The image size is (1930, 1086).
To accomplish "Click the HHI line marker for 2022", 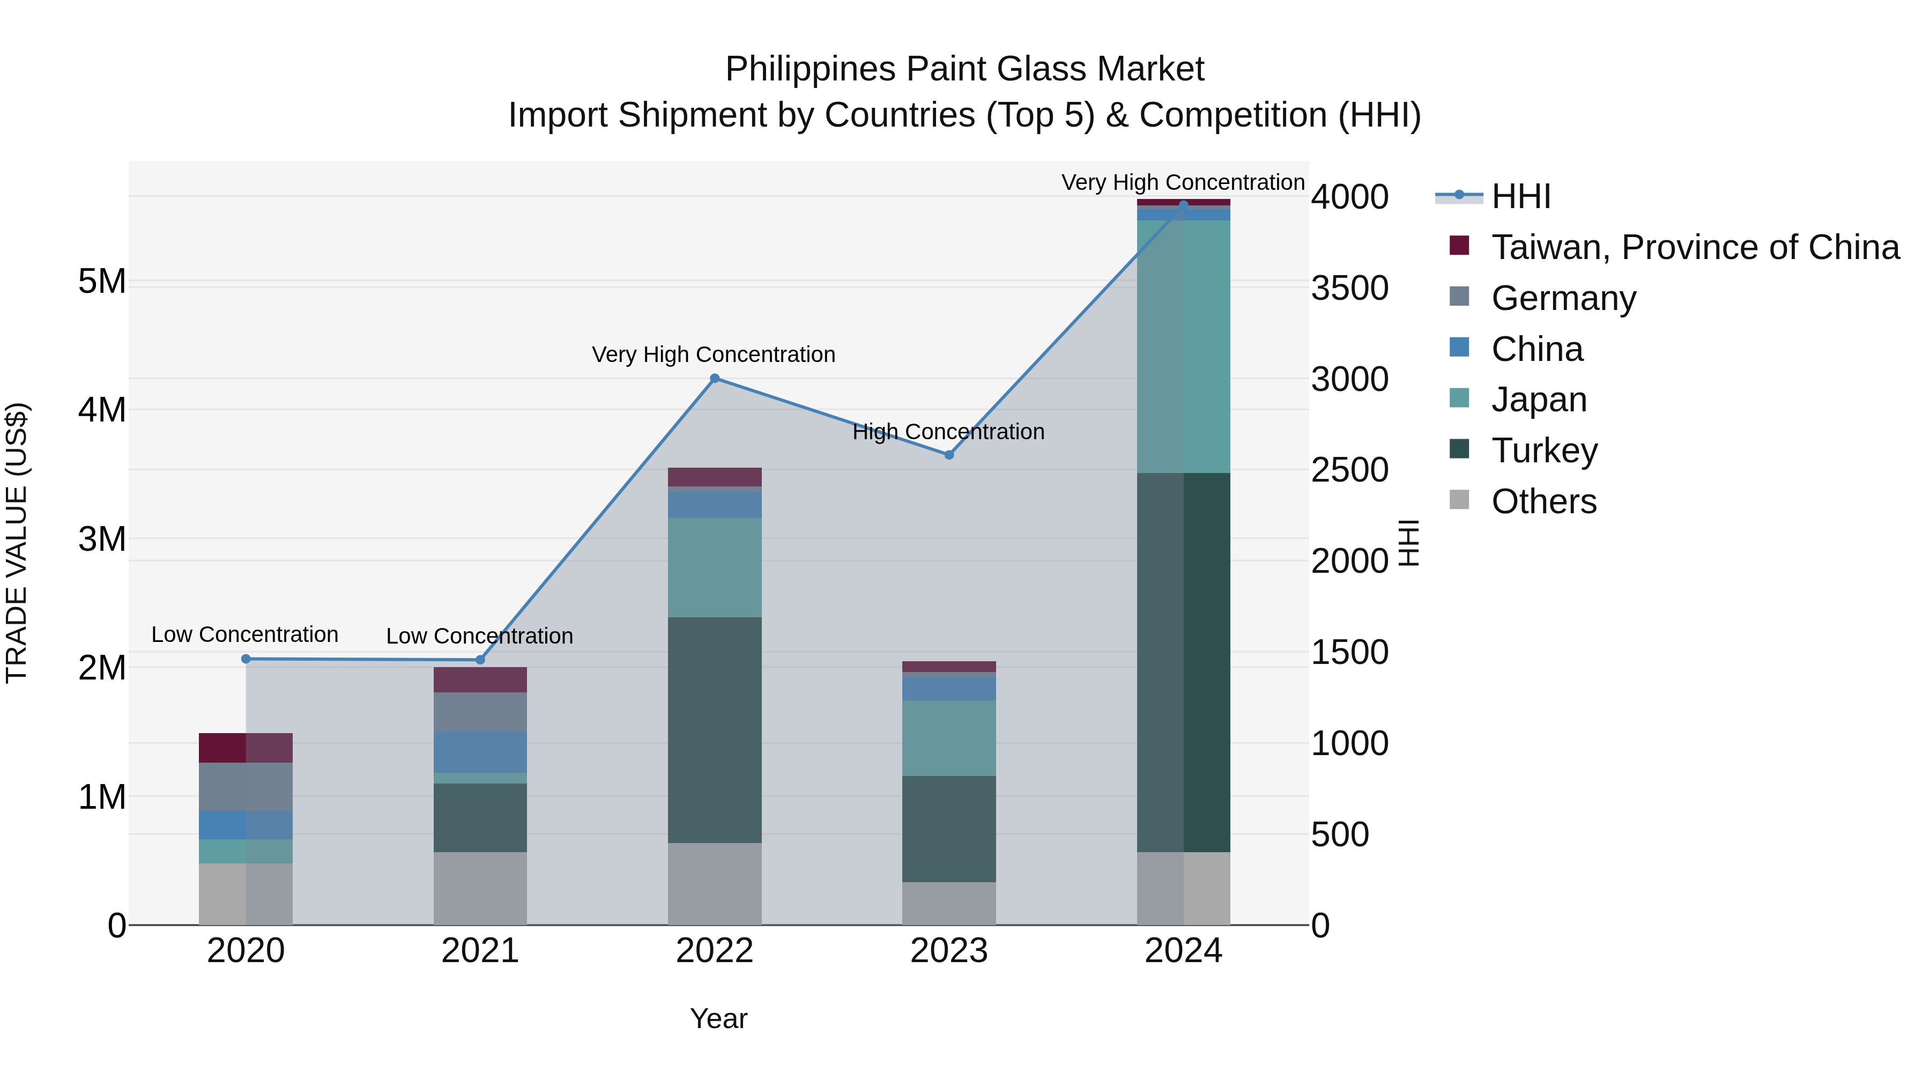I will [x=714, y=379].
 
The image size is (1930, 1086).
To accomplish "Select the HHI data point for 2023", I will [x=948, y=455].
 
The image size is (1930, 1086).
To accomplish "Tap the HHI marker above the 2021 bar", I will [x=480, y=660].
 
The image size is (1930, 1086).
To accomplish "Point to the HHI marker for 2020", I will [x=246, y=659].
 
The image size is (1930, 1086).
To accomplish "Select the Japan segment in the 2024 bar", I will [x=1183, y=346].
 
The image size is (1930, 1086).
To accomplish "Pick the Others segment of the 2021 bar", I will [x=480, y=888].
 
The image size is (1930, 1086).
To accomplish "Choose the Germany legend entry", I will [x=1564, y=298].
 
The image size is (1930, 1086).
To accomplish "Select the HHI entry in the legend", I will [x=1521, y=196].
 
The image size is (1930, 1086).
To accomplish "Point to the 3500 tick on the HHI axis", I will [x=1349, y=289].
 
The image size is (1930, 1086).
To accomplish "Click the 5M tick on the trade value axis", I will [x=102, y=283].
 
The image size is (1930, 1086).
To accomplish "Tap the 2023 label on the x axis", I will [x=948, y=951].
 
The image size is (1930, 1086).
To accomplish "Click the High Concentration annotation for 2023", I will [x=948, y=432].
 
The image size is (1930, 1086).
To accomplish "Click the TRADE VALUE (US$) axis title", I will [x=17, y=543].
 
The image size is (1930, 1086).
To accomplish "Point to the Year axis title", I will [x=718, y=1018].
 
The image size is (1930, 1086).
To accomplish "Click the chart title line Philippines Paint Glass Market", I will [x=964, y=69].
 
